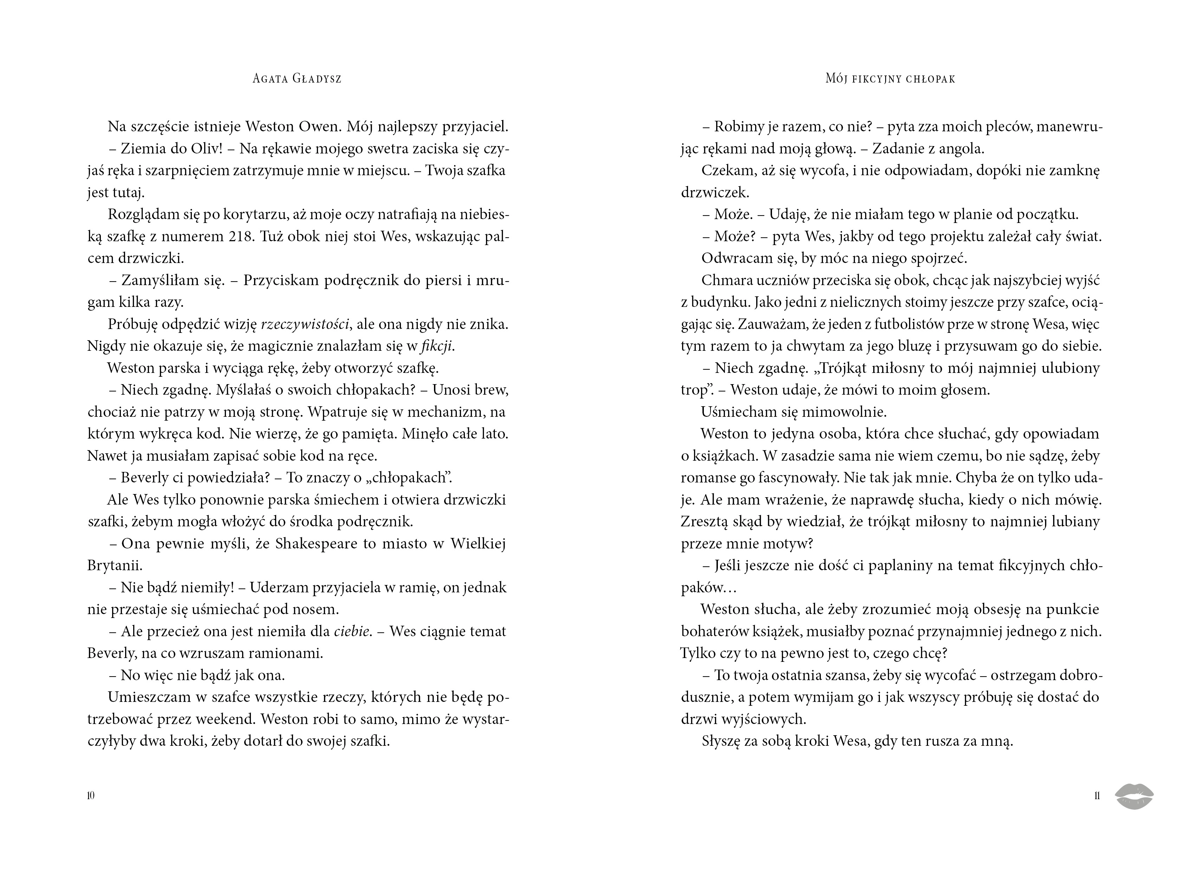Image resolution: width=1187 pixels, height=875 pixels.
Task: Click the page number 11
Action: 1097,796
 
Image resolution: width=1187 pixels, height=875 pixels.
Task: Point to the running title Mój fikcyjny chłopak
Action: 890,79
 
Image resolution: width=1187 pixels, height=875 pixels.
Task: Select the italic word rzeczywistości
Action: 305,324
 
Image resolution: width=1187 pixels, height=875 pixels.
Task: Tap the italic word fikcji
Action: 437,347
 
